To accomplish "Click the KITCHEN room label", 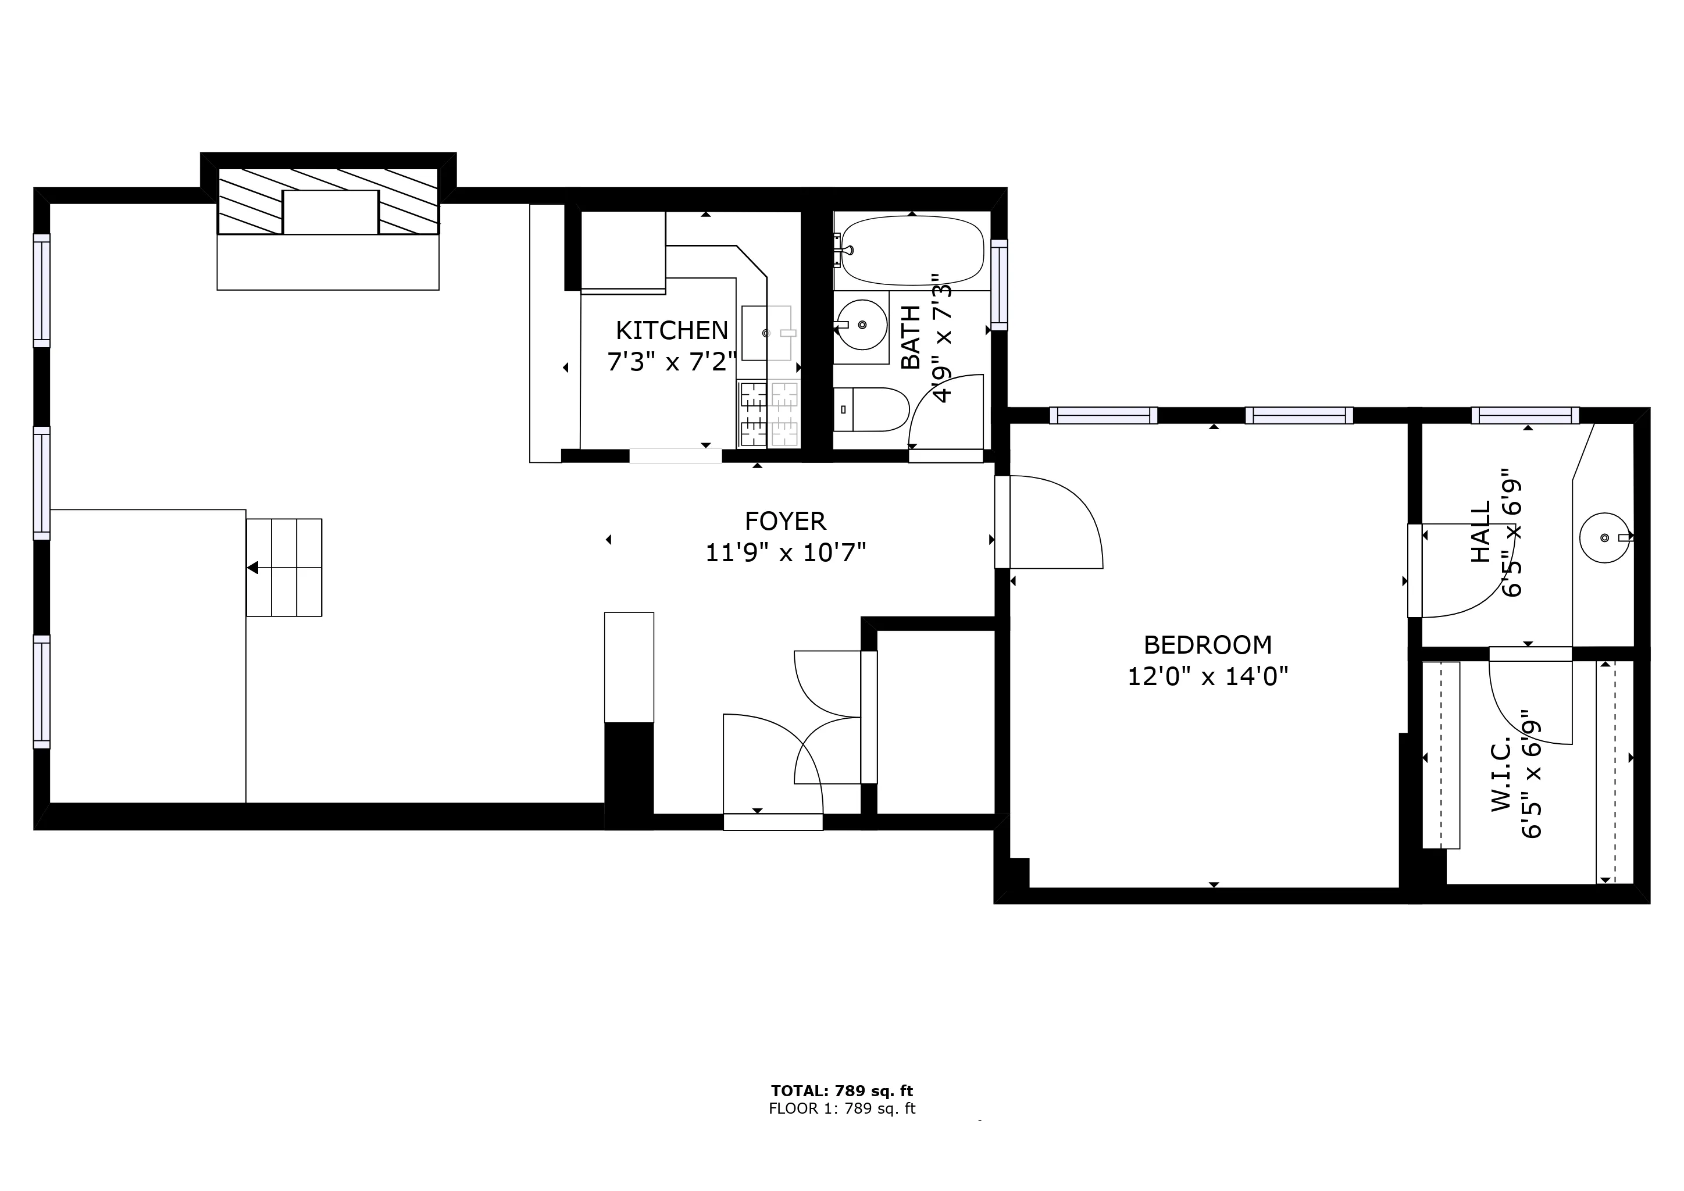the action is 672,331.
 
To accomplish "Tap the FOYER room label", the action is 786,522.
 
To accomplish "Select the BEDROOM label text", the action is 1208,646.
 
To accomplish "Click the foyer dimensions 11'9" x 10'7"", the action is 786,552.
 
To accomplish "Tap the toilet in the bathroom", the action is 871,409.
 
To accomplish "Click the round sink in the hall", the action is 1605,537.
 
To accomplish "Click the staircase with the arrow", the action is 284,568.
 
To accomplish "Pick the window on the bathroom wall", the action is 999,284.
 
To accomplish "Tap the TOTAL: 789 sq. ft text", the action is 842,1091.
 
